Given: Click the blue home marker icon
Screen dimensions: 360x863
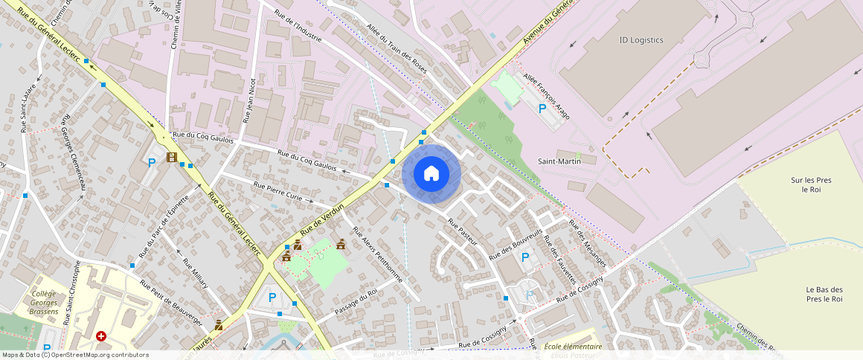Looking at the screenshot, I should coord(431,174).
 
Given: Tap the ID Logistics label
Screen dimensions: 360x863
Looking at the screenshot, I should coord(641,40).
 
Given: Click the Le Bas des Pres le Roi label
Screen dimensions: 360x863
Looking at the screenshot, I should coord(824,294).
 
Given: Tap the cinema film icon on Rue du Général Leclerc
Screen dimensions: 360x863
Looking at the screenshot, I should coord(172,157).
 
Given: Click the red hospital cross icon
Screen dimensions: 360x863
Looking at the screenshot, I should coord(100,336).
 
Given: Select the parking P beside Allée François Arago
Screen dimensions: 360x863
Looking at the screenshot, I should coord(542,109).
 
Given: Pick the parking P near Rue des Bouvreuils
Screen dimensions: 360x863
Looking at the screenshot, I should coord(525,257).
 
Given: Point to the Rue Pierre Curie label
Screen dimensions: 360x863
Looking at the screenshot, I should coord(277,191).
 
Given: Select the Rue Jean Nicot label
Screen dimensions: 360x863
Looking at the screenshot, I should coord(250,100).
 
